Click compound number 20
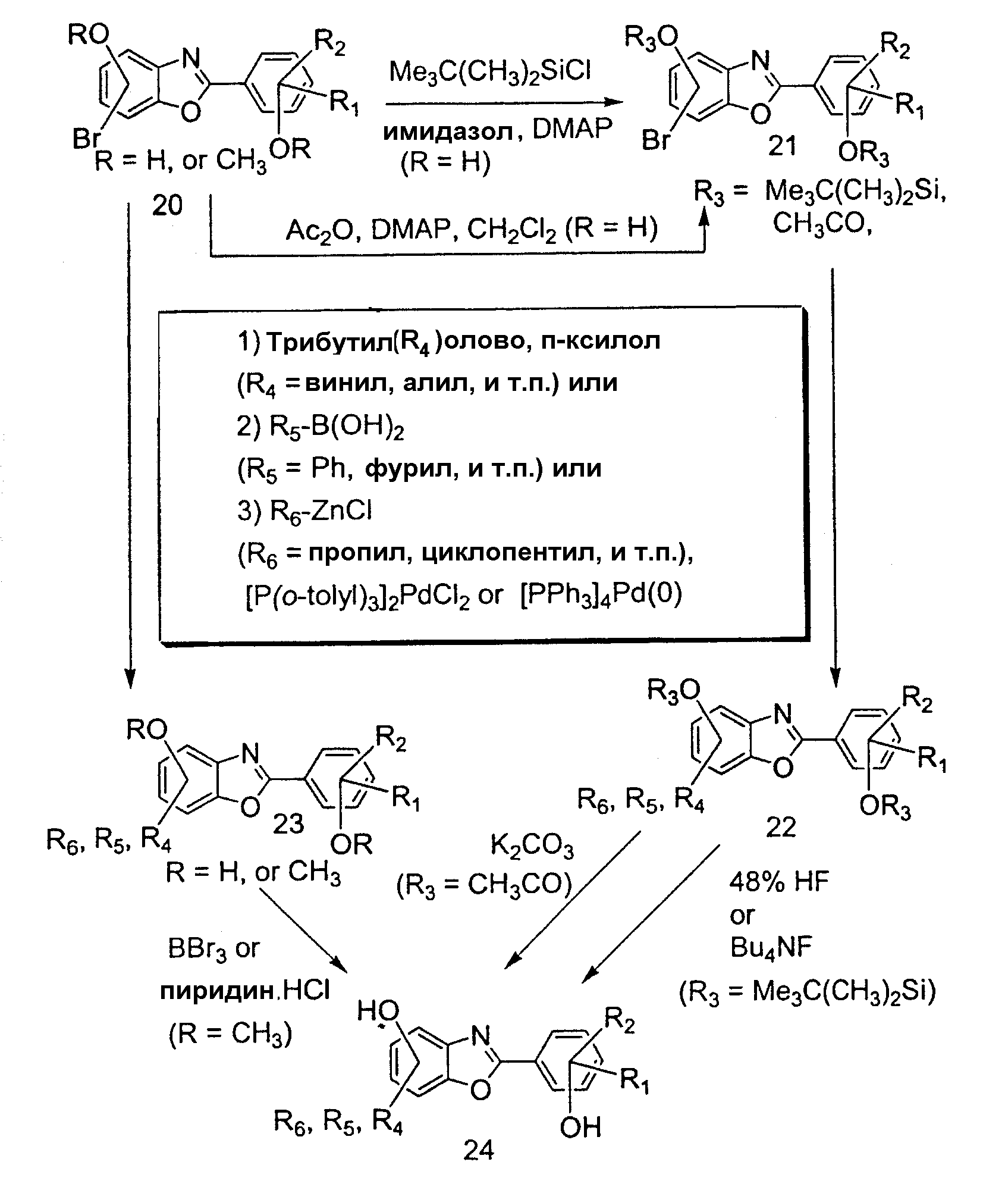tap(167, 205)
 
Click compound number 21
tap(782, 145)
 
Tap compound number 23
tap(288, 823)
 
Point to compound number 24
tap(479, 1151)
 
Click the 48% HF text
tap(779, 882)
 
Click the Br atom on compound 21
tap(657, 141)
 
